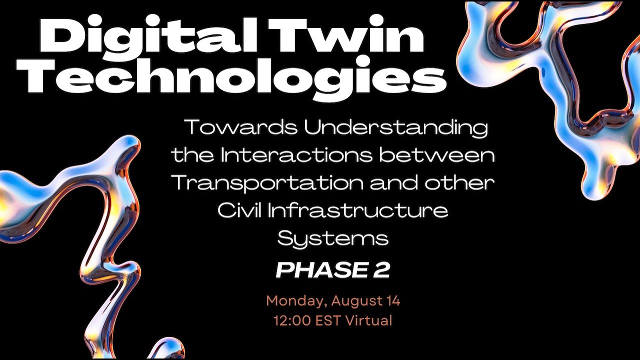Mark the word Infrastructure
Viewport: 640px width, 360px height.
click(358, 210)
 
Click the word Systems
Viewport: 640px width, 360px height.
click(333, 238)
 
